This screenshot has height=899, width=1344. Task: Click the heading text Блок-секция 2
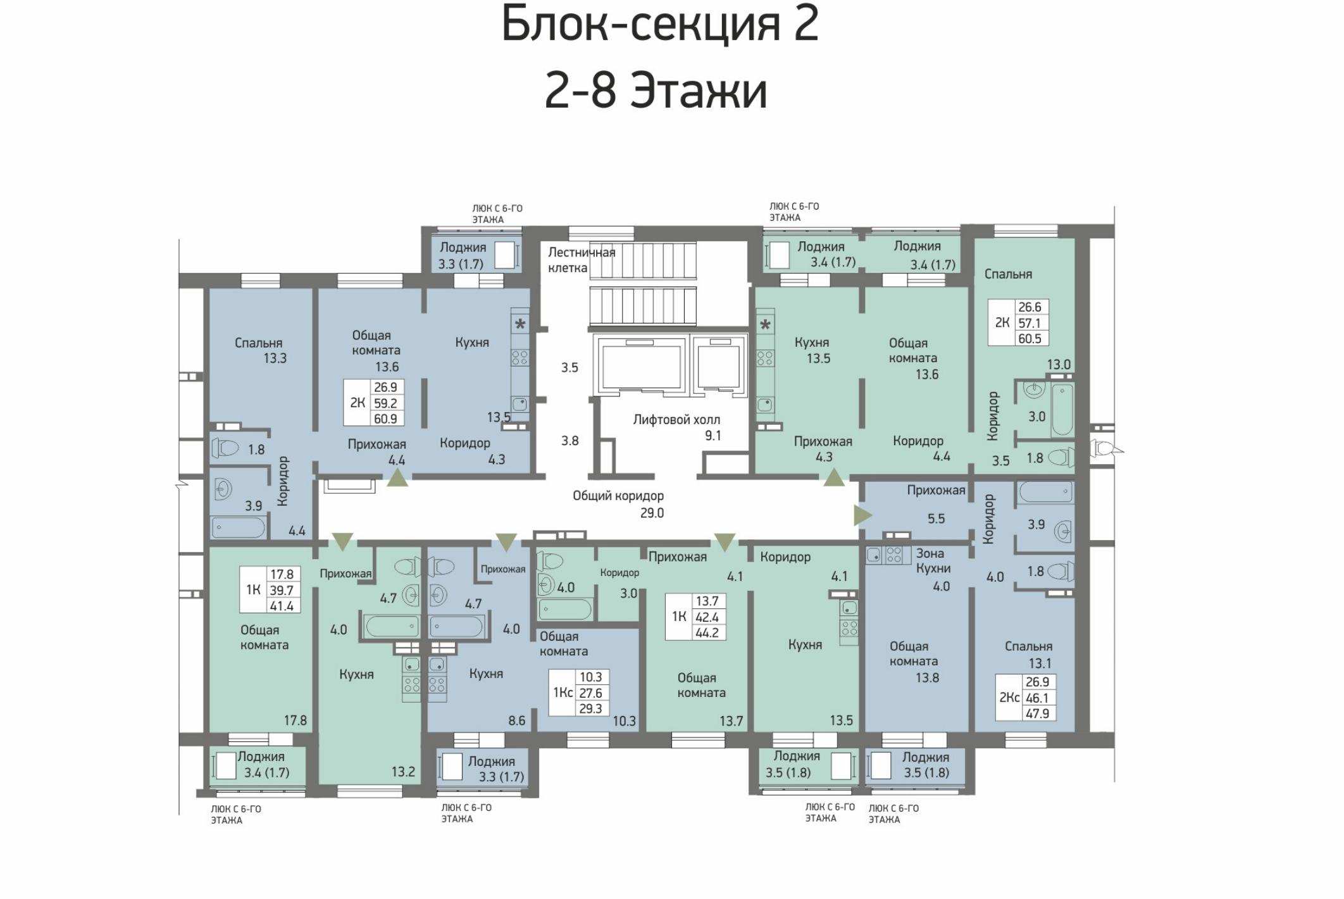[x=660, y=23]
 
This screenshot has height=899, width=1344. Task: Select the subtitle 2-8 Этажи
[x=656, y=90]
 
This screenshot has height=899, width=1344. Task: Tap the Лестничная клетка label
[x=581, y=260]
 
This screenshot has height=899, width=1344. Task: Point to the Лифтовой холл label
[x=676, y=419]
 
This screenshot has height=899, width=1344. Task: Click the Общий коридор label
[x=618, y=496]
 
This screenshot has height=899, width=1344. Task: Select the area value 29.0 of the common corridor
[x=652, y=513]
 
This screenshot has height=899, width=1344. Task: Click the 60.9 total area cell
[x=385, y=418]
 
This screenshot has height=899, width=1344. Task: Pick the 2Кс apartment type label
[x=1009, y=698]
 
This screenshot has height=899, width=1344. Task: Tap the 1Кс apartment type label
[x=563, y=693]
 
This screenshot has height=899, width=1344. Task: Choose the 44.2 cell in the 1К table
[x=706, y=632]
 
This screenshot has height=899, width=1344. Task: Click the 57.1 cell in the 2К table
[x=1030, y=323]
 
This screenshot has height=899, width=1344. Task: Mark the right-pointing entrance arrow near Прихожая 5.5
[x=862, y=515]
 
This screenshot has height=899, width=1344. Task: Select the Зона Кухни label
[x=933, y=561]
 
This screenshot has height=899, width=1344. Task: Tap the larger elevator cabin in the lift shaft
[x=640, y=365]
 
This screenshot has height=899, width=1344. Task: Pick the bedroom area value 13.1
[x=1040, y=663]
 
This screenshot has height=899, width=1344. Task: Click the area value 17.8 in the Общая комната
[x=295, y=720]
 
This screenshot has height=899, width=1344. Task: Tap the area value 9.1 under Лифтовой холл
[x=713, y=436]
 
